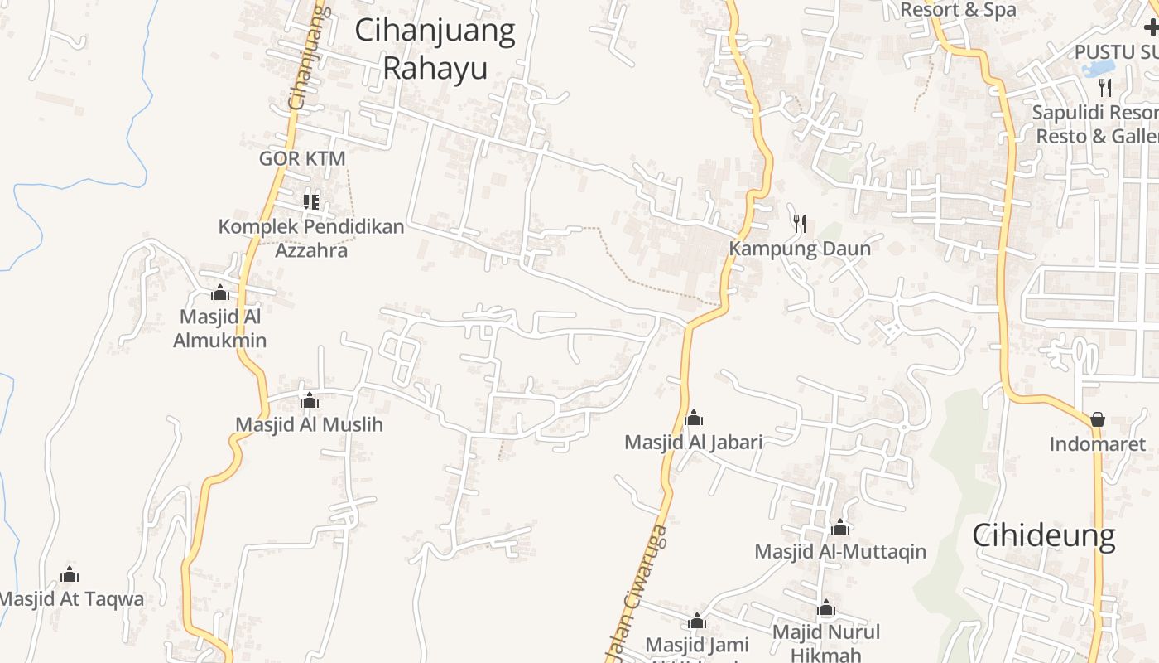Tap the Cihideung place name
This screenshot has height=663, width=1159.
tap(1044, 535)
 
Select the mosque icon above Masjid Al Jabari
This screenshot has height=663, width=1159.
tap(694, 418)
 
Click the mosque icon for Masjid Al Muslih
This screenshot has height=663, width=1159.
tap(310, 401)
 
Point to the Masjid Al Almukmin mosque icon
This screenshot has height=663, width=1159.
tap(220, 293)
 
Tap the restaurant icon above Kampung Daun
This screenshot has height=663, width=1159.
tap(799, 223)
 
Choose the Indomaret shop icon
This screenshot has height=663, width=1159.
tap(1098, 420)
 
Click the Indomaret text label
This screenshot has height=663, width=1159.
tap(1098, 444)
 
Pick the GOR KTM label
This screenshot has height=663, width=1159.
tap(302, 158)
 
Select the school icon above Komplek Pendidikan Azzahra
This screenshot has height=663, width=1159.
tap(311, 201)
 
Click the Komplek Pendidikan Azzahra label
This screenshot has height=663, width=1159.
tap(311, 238)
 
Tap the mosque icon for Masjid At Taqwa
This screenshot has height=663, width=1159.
tap(70, 574)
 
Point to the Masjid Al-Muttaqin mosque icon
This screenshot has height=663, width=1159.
tap(840, 527)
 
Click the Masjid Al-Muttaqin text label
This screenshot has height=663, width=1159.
tap(840, 551)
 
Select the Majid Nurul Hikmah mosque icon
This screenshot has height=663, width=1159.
tap(826, 609)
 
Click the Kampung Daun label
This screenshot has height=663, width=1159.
tap(800, 249)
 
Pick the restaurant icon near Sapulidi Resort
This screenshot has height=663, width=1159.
tap(1105, 87)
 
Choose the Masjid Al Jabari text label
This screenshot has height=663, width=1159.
tap(694, 443)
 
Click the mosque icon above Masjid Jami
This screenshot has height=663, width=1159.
tap(697, 622)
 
